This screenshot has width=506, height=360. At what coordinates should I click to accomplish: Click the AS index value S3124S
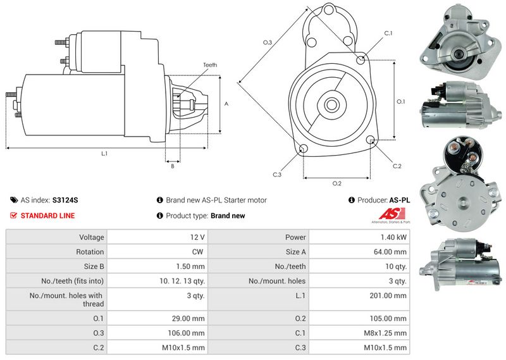coord(65,200)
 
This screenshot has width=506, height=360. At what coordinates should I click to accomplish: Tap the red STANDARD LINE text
coord(47,216)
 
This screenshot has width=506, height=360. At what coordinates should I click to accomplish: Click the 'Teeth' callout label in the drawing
coord(210,65)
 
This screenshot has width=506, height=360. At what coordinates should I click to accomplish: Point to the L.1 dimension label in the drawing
coord(104,154)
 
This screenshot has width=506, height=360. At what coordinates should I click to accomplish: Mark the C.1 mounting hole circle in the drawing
coord(361,60)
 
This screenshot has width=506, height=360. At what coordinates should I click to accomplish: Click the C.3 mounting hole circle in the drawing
coord(303,149)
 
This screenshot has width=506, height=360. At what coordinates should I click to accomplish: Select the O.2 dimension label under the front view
coord(337,183)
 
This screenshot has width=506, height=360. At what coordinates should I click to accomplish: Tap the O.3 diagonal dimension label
coord(268,43)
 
